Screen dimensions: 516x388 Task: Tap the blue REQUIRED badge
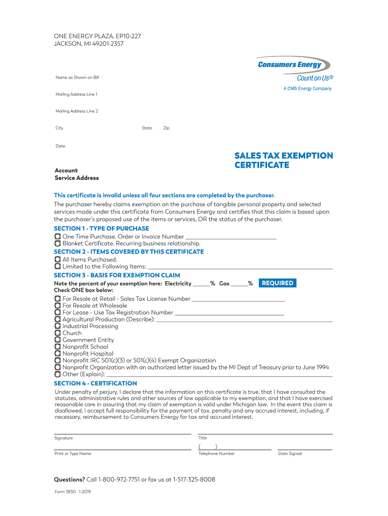pos(277,283)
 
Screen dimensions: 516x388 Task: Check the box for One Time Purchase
pos(57,236)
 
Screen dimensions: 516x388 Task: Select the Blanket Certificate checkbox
pos(57,243)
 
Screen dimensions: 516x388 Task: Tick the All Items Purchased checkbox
pos(57,260)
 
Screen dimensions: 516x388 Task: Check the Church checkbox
pos(57,333)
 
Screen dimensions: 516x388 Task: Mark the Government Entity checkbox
pos(57,340)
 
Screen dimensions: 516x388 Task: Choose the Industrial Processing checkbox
pos(57,326)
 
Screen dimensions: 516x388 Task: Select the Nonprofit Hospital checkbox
pos(57,354)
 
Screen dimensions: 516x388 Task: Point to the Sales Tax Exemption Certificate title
pos(284,160)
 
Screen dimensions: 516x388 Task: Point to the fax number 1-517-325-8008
pos(194,480)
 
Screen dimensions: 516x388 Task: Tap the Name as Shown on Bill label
pos(77,78)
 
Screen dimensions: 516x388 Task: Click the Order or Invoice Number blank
pos(231,237)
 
